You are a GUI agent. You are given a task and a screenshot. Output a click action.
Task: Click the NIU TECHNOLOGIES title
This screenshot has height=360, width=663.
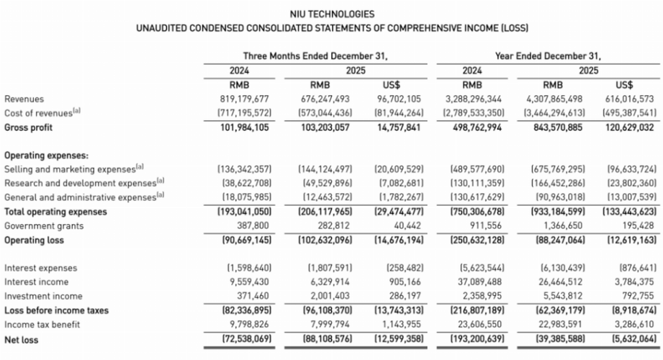pyautogui.click(x=331, y=14)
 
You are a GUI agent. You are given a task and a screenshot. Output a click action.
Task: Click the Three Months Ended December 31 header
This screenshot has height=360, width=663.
pyautogui.click(x=315, y=55)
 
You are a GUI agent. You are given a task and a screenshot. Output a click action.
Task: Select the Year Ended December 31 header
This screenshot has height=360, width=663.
pyautogui.click(x=548, y=55)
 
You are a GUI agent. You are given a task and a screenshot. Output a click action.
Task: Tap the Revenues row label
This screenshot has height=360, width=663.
pyautogui.click(x=24, y=99)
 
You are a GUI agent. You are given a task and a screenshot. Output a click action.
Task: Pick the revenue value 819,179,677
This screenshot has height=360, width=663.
pyautogui.click(x=245, y=99)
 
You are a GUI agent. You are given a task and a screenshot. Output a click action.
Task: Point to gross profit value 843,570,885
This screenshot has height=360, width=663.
pyautogui.click(x=552, y=127)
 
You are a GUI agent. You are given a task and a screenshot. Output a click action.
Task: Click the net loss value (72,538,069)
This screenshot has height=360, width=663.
pyautogui.click(x=245, y=338)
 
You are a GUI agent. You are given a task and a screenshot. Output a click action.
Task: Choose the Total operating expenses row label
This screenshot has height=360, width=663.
pyautogui.click(x=55, y=212)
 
